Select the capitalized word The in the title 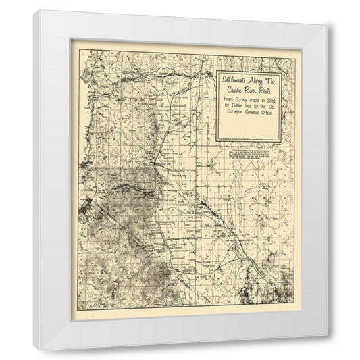[x=272, y=79]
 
